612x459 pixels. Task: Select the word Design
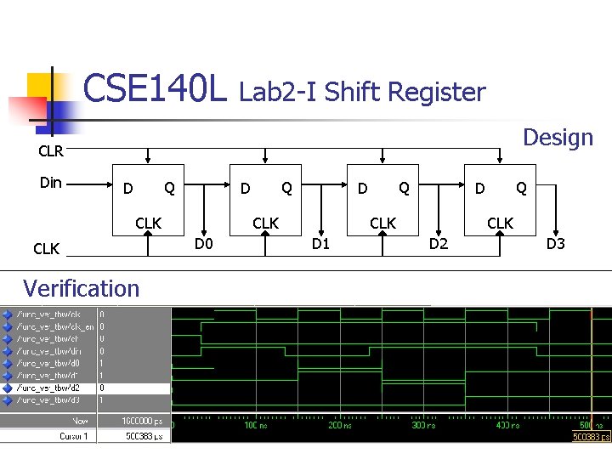[558, 138]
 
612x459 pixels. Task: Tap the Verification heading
[81, 288]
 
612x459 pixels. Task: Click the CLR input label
[51, 153]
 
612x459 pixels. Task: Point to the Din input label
[51, 182]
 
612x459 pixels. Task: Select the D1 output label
[320, 246]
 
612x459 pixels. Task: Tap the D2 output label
[439, 246]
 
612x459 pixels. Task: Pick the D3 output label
[555, 246]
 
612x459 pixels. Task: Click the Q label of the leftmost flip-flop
[169, 187]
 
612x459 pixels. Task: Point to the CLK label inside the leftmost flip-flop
[149, 223]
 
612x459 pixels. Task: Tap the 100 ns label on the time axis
[254, 425]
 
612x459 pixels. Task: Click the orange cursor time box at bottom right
[590, 437]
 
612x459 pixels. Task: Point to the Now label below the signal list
[80, 421]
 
